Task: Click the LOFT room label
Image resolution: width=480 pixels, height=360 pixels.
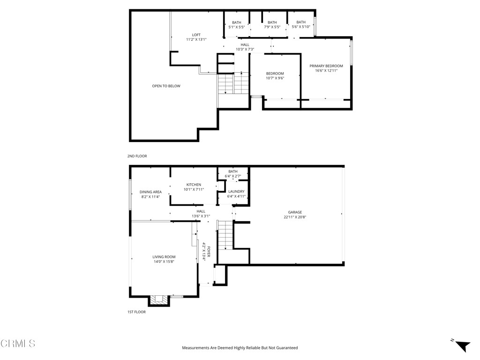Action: click(196, 35)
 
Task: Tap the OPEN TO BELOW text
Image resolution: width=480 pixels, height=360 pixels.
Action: click(166, 86)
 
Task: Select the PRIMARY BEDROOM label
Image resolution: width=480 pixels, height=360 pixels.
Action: click(326, 66)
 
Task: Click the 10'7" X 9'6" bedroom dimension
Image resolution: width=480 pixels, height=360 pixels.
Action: click(275, 78)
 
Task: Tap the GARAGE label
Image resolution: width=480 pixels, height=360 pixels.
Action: click(295, 212)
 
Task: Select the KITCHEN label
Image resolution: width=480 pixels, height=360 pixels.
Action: click(194, 185)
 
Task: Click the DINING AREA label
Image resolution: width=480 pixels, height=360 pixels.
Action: click(150, 192)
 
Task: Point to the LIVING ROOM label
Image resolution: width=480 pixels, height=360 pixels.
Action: click(164, 257)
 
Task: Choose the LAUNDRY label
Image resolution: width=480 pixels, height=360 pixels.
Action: click(236, 192)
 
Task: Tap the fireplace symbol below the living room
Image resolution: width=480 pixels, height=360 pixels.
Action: click(159, 300)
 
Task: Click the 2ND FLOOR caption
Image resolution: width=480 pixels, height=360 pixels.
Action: click(137, 156)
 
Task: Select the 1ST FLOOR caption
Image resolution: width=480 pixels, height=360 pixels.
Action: click(136, 312)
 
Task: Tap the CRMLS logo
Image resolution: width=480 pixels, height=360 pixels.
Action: click(18, 344)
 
